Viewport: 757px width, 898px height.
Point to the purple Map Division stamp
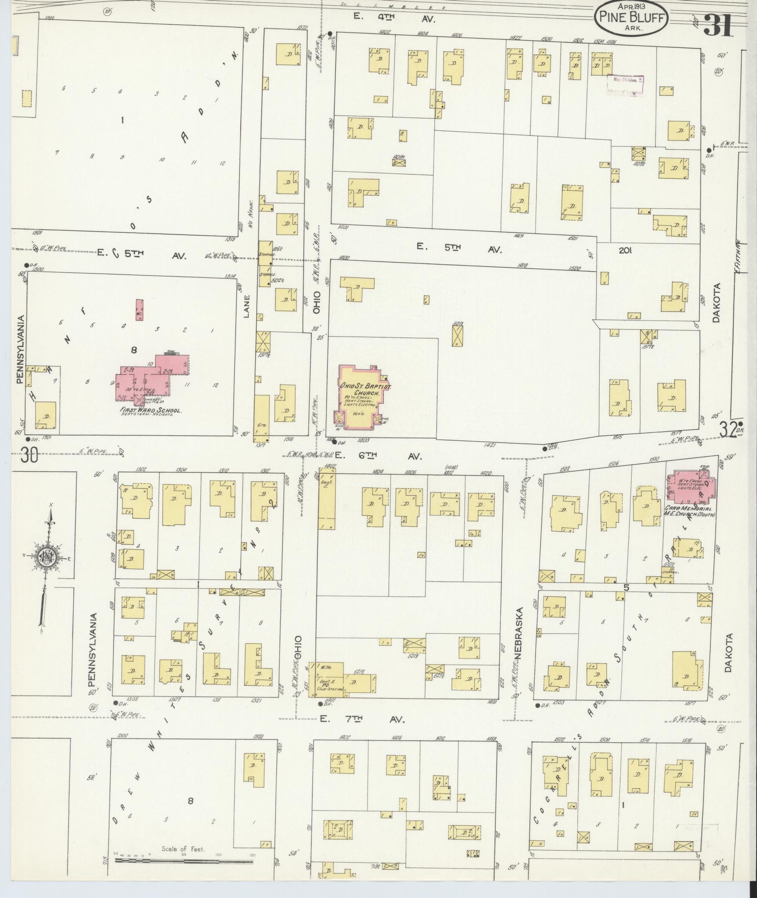pyautogui.click(x=625, y=85)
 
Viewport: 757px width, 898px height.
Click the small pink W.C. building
pyautogui.click(x=139, y=310)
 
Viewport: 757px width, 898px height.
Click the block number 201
pyautogui.click(x=625, y=251)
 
